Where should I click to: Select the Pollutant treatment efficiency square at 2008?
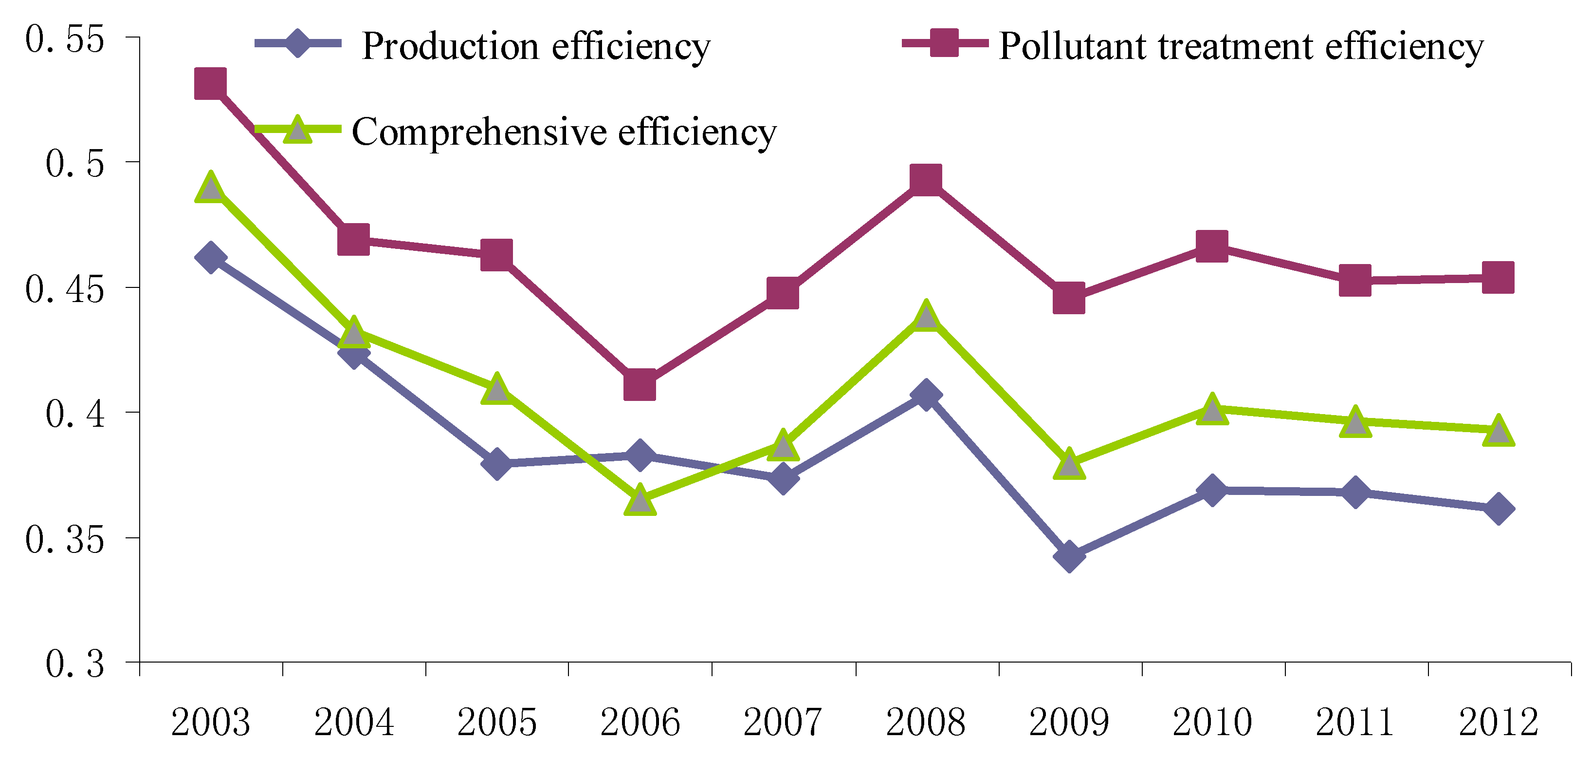[x=925, y=180]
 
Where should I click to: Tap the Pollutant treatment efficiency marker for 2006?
[x=639, y=385]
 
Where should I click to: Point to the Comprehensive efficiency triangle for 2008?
[x=925, y=317]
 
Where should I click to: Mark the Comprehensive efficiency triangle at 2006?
[x=639, y=500]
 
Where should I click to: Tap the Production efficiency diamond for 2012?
[x=1498, y=509]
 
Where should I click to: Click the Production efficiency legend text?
[x=535, y=46]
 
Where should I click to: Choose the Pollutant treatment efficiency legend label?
[x=1240, y=46]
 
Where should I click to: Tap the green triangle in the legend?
[x=298, y=130]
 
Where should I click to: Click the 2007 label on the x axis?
[x=783, y=722]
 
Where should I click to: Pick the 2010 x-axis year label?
[x=1212, y=722]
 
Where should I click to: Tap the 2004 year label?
[x=354, y=722]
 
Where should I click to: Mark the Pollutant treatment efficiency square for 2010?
[x=1212, y=246]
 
